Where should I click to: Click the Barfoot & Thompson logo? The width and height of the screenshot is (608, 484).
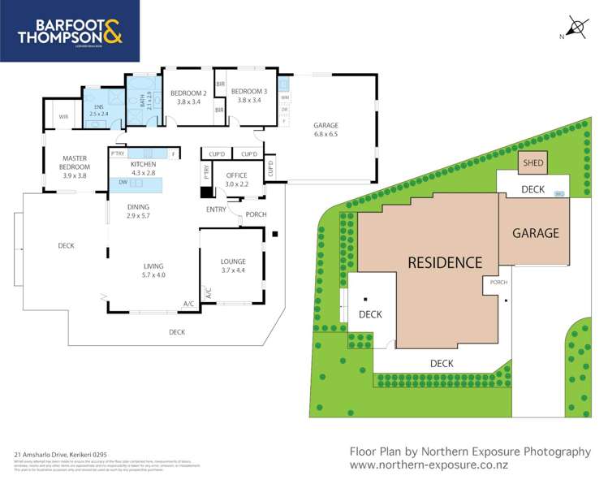[69, 30]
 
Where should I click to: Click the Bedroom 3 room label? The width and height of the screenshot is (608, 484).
[248, 96]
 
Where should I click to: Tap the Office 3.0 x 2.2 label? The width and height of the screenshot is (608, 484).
[236, 179]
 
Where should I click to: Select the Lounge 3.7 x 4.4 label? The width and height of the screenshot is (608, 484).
[233, 266]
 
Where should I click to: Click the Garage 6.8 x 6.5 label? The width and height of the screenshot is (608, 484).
[326, 130]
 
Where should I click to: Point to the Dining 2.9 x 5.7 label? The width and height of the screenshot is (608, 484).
[140, 211]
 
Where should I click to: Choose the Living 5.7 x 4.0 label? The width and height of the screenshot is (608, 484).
[153, 270]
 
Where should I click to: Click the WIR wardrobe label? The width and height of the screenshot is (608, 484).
[63, 117]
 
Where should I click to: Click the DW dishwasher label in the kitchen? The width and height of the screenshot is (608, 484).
[122, 183]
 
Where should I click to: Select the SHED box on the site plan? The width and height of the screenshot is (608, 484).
[533, 163]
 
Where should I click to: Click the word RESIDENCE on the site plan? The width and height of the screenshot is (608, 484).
[444, 262]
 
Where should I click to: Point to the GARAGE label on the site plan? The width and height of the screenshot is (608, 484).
[535, 233]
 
